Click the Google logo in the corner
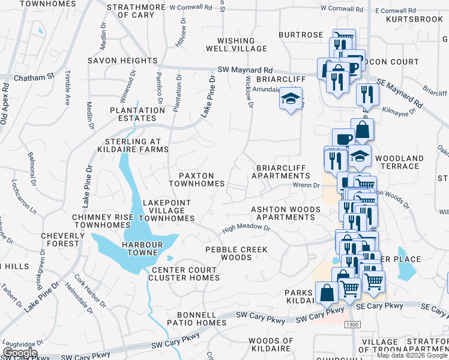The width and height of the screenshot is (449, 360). [x=20, y=353]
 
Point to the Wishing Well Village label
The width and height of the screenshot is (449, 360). [x=236, y=44]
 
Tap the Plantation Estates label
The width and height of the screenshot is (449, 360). [x=137, y=114]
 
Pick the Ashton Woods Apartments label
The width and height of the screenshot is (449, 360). [x=285, y=213]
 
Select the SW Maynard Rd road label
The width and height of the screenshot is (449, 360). [x=246, y=70]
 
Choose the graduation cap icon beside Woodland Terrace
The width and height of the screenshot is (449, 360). [x=360, y=155]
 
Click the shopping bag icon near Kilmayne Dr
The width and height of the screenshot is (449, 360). [x=363, y=128]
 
